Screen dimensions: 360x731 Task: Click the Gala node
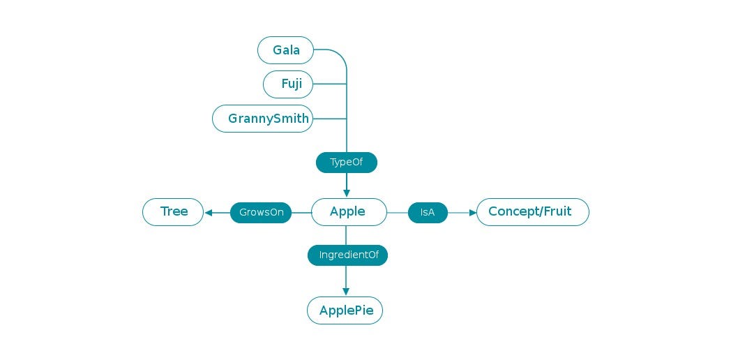click(x=286, y=50)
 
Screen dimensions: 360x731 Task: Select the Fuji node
click(x=288, y=84)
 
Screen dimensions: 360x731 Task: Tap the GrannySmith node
click(x=263, y=119)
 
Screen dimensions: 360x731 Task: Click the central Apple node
click(x=349, y=212)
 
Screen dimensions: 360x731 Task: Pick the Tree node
click(x=173, y=212)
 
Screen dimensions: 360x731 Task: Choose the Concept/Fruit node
click(x=532, y=212)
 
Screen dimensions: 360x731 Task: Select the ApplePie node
click(x=345, y=310)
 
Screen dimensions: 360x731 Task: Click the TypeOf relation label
click(x=347, y=163)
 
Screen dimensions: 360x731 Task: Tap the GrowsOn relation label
click(x=261, y=213)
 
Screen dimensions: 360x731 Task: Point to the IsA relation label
click(x=428, y=213)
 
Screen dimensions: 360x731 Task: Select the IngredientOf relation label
click(x=347, y=255)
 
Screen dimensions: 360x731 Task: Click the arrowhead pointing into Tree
click(x=208, y=213)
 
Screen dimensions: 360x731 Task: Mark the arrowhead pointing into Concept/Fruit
click(x=472, y=213)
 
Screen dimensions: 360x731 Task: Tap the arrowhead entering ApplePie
click(x=346, y=292)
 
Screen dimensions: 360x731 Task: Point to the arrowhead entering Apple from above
click(x=347, y=193)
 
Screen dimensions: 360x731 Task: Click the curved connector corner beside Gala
click(x=340, y=54)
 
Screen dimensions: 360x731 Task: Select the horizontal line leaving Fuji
click(x=329, y=84)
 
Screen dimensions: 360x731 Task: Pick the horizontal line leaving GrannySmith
click(x=329, y=119)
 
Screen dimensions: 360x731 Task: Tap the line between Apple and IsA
click(x=397, y=213)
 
